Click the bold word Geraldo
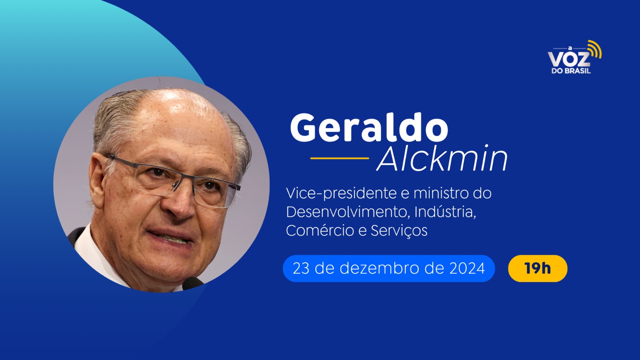[x=369, y=128]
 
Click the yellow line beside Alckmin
[x=340, y=158]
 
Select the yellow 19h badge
[x=538, y=268]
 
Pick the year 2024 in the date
[x=467, y=268]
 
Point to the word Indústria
[x=445, y=212]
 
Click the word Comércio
[x=320, y=230]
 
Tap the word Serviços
[x=399, y=230]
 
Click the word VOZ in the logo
[x=568, y=59]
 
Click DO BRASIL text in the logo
[x=571, y=71]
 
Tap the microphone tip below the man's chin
[x=192, y=283]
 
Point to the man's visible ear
[x=97, y=180]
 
